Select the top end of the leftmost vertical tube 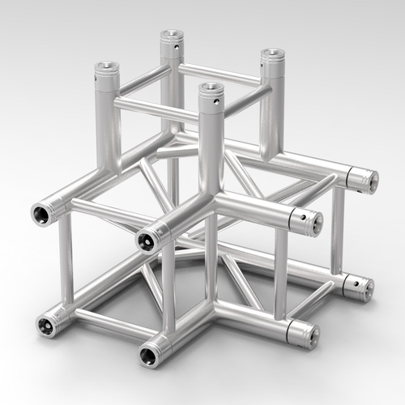tap(106, 67)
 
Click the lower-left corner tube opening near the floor tap(45, 326)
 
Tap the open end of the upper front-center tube tap(147, 237)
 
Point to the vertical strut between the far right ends tap(338, 231)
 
